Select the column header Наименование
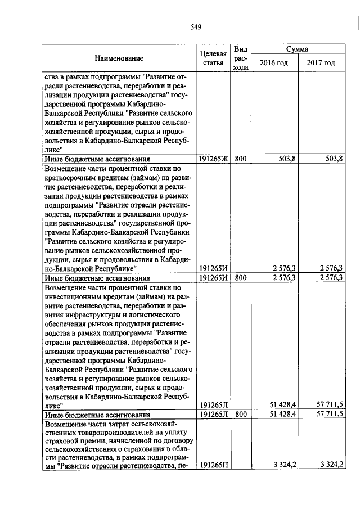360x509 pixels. (x=119, y=58)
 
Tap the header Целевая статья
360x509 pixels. (x=213, y=58)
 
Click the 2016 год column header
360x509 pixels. (x=273, y=62)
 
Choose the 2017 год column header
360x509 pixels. (x=321, y=62)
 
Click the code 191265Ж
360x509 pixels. (x=213, y=159)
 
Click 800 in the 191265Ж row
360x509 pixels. (x=241, y=159)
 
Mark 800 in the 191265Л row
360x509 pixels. (x=241, y=414)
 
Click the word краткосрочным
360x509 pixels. (x=70, y=177)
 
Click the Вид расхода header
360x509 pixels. (x=241, y=58)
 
